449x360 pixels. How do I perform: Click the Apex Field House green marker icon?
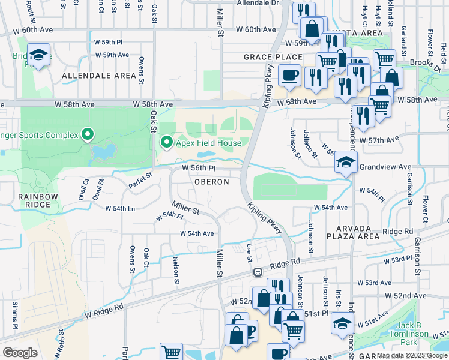point(167,143)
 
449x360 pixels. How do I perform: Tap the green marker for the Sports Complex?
point(88,133)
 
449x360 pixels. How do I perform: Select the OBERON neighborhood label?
point(211,182)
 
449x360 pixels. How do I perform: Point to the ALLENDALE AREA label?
point(99,76)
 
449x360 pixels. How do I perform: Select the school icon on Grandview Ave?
point(346,163)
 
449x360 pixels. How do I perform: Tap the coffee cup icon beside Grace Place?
point(289,76)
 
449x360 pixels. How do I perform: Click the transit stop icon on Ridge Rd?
point(258,272)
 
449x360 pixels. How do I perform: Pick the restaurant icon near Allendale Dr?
point(304,11)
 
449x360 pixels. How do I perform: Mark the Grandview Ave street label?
point(385,167)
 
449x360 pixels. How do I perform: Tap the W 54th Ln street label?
point(120,209)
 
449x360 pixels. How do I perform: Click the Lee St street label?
point(249,253)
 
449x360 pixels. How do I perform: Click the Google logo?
point(20,353)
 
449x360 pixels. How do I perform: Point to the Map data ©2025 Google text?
point(412,355)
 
